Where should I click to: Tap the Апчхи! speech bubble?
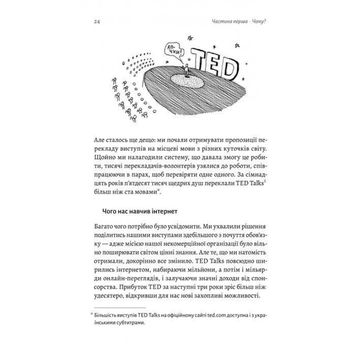pos(175,50)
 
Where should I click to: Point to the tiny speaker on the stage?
pos(187,71)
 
